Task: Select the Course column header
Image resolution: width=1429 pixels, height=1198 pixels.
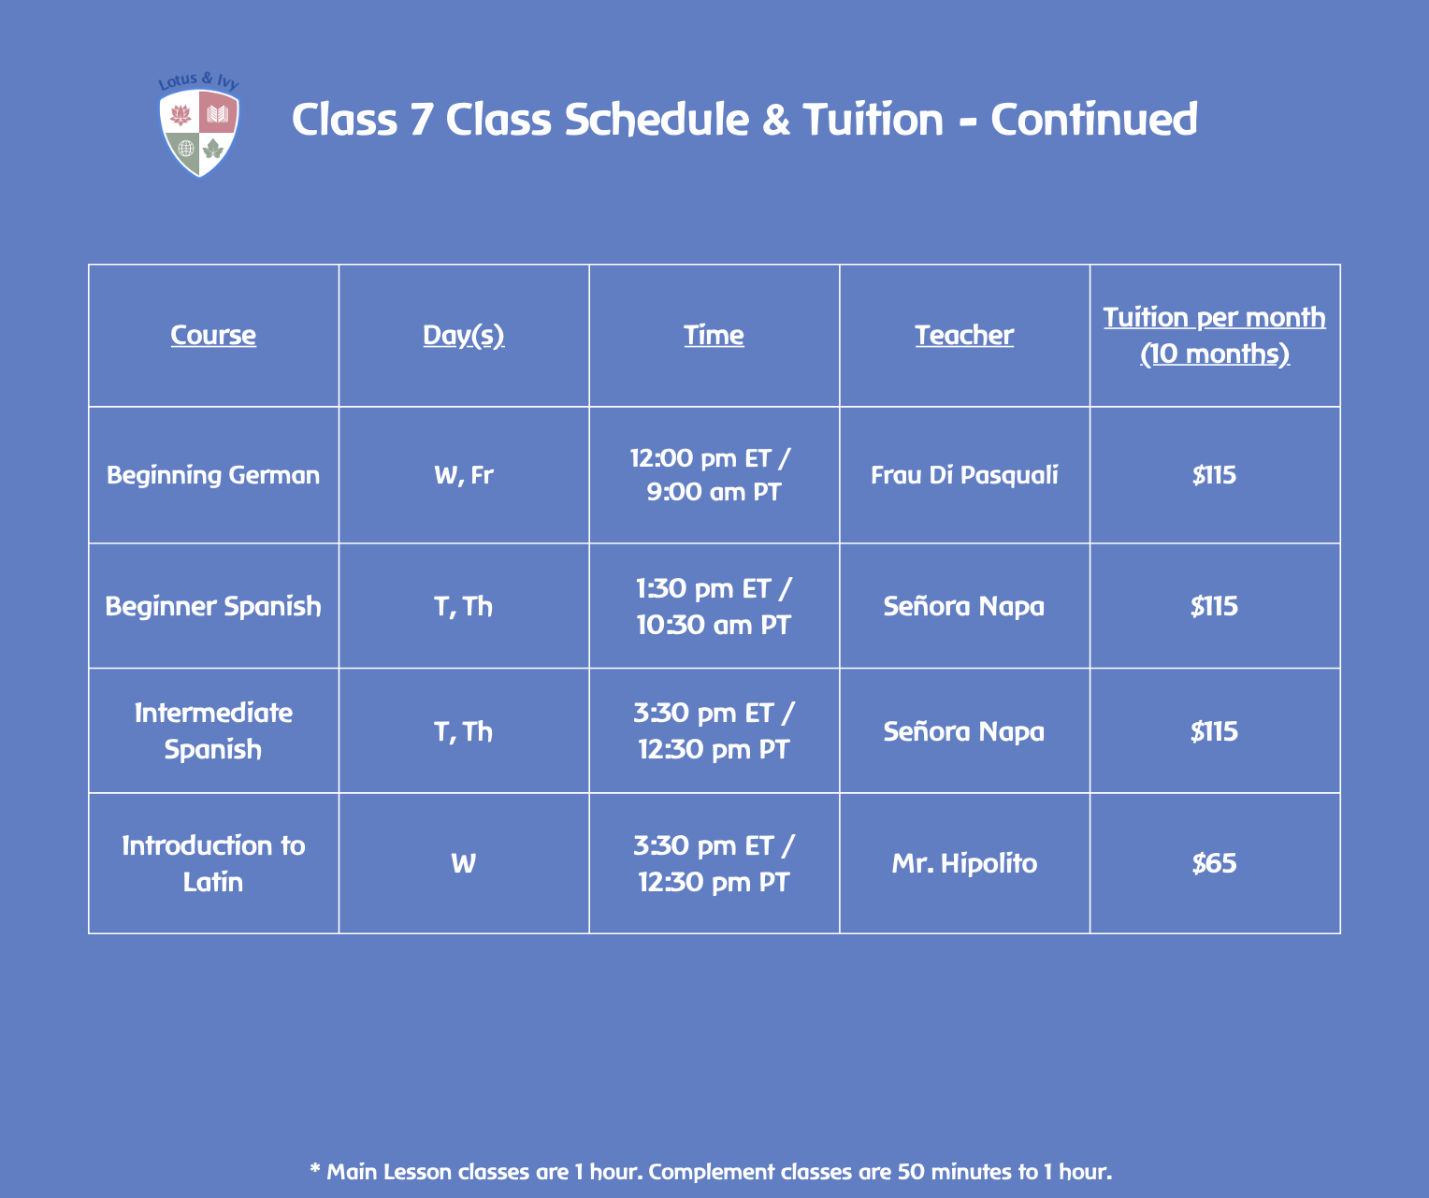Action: point(213,335)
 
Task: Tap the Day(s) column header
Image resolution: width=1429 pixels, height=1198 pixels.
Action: point(463,335)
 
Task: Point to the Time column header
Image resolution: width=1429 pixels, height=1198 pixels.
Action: point(714,335)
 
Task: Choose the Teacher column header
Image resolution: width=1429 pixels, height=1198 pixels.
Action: point(964,335)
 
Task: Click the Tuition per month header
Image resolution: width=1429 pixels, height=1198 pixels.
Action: point(1214,335)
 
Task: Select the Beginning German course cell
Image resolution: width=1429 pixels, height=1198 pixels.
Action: point(213,475)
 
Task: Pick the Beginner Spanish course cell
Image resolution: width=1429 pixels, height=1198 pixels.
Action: point(213,606)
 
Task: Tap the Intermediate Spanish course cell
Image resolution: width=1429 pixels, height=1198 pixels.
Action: point(213,730)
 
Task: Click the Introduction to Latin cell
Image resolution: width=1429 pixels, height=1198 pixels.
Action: point(213,863)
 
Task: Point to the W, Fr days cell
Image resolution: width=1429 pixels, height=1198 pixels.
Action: point(463,475)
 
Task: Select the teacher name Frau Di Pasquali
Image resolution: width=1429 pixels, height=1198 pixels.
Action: point(964,475)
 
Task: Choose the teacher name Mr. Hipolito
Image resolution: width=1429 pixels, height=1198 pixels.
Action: point(964,863)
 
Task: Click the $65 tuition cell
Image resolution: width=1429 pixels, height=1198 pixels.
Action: point(1214,863)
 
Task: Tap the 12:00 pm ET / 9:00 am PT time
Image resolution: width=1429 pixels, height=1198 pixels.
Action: point(714,475)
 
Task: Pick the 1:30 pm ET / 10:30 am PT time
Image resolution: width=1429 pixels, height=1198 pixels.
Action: point(714,606)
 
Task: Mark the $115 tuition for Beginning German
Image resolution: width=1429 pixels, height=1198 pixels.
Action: point(1214,475)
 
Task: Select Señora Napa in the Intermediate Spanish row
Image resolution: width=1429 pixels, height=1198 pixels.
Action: point(964,730)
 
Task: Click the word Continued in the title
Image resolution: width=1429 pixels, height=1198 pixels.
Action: point(1093,120)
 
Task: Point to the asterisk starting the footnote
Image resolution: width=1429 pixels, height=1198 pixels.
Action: point(315,1169)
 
